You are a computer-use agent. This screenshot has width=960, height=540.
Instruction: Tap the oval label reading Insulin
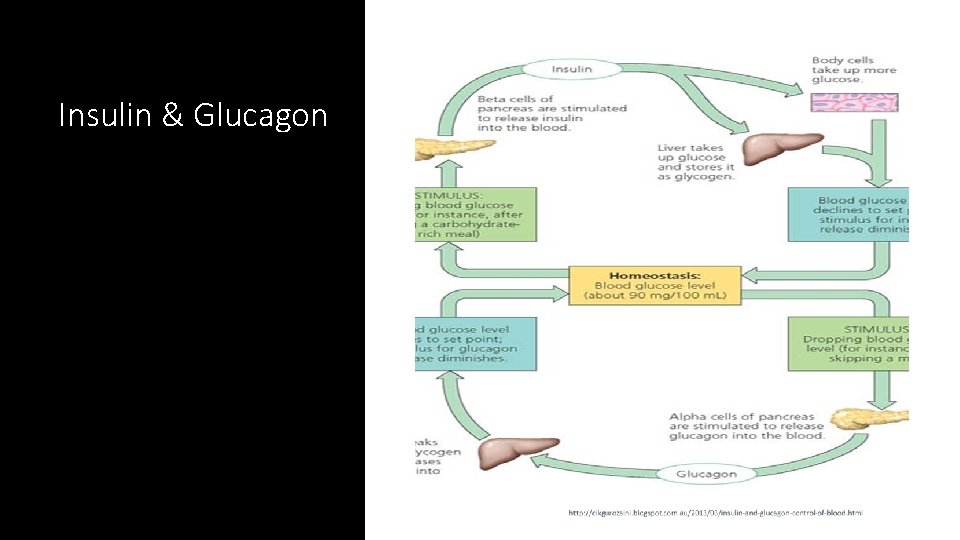tap(571, 69)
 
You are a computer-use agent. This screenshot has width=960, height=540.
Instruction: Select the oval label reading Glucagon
tap(706, 473)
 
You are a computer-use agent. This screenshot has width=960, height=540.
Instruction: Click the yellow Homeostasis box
tap(655, 284)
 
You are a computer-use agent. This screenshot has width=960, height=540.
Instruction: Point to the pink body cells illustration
tap(854, 102)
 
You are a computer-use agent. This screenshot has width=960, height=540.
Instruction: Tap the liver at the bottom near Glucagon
tap(505, 452)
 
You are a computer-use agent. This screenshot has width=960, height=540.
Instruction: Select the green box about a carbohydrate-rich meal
tap(475, 214)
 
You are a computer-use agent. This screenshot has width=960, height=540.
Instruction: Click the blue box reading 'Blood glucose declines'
tap(848, 215)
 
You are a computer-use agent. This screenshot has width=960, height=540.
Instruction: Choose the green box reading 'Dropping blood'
tap(848, 343)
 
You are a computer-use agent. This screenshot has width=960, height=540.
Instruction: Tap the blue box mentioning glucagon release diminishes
tap(475, 343)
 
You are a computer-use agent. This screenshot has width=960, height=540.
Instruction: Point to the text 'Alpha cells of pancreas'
tap(747, 425)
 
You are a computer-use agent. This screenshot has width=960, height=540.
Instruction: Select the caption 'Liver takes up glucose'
tap(696, 162)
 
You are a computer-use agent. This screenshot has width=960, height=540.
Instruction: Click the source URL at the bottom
tap(714, 513)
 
